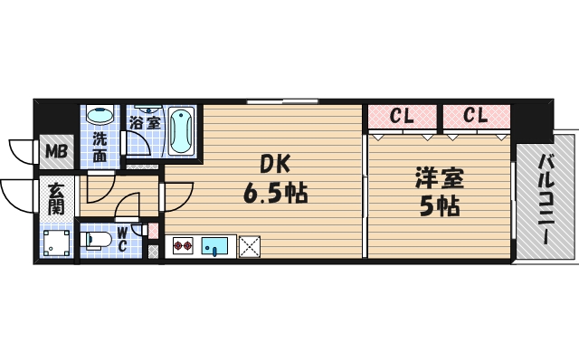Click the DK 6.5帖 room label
coord(272,179)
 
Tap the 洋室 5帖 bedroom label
coord(438,191)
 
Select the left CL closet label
coord(403,116)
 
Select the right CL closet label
coord(476,116)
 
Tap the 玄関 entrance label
coord(56,199)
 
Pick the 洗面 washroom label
coord(99,148)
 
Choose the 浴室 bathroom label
coord(145,122)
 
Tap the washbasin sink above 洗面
coord(99,117)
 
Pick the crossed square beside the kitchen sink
coord(249,244)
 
